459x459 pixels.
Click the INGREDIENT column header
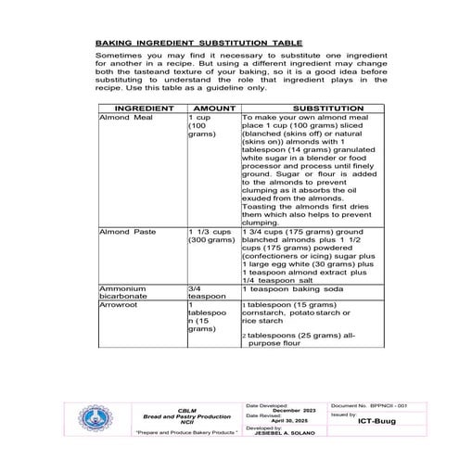141,108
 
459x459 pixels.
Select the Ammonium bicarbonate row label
126,294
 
